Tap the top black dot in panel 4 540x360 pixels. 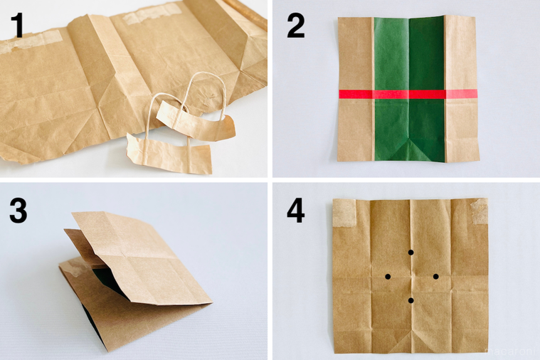pyautogui.click(x=411, y=253)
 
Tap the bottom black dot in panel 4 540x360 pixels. pyautogui.click(x=411, y=301)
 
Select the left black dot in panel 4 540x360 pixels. pyautogui.click(x=388, y=276)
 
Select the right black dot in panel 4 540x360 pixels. pyautogui.click(x=435, y=276)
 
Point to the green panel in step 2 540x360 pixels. pyautogui.click(x=408, y=57)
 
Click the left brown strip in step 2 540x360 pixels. pyautogui.click(x=355, y=128)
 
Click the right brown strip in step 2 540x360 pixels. pyautogui.click(x=461, y=128)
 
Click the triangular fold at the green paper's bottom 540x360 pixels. pyautogui.click(x=408, y=150)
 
